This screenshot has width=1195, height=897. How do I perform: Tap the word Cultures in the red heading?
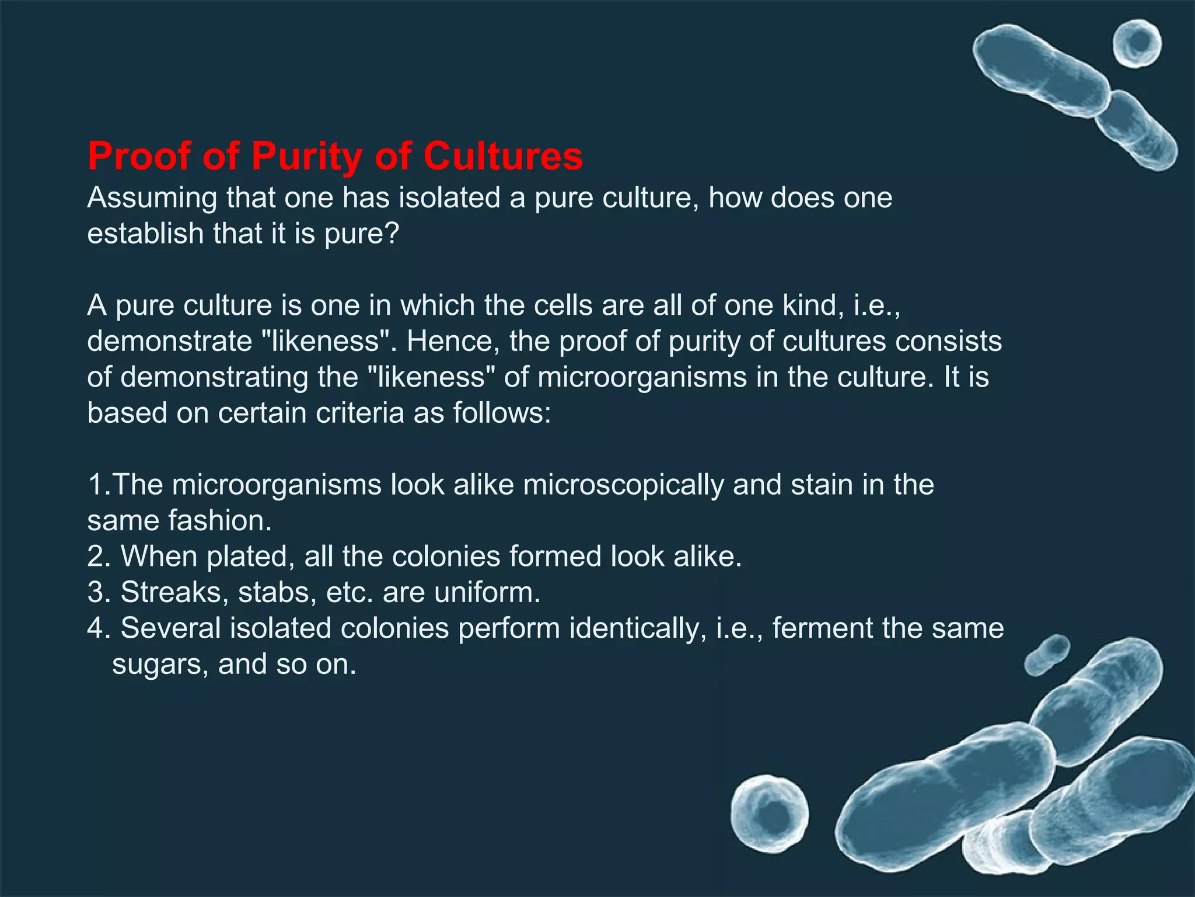(x=503, y=157)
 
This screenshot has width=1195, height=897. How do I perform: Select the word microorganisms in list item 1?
(x=276, y=485)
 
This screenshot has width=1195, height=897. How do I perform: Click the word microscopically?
(x=623, y=486)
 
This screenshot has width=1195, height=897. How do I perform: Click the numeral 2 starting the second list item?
(x=95, y=557)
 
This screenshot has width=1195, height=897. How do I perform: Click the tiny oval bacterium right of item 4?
(x=1047, y=654)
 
